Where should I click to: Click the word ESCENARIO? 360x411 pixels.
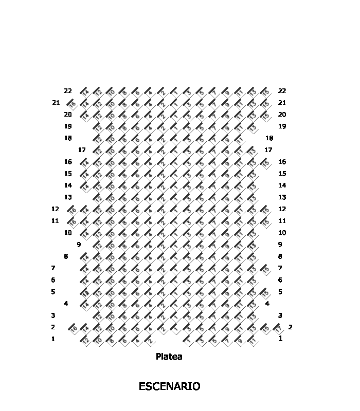(x=169, y=386)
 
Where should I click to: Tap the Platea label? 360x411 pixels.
(x=169, y=357)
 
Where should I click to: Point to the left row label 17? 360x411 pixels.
(x=82, y=150)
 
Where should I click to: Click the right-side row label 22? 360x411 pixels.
(x=282, y=90)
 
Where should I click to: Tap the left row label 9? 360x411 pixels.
(x=79, y=245)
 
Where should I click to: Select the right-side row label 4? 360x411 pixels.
(x=267, y=304)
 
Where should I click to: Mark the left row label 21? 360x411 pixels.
(x=56, y=102)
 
